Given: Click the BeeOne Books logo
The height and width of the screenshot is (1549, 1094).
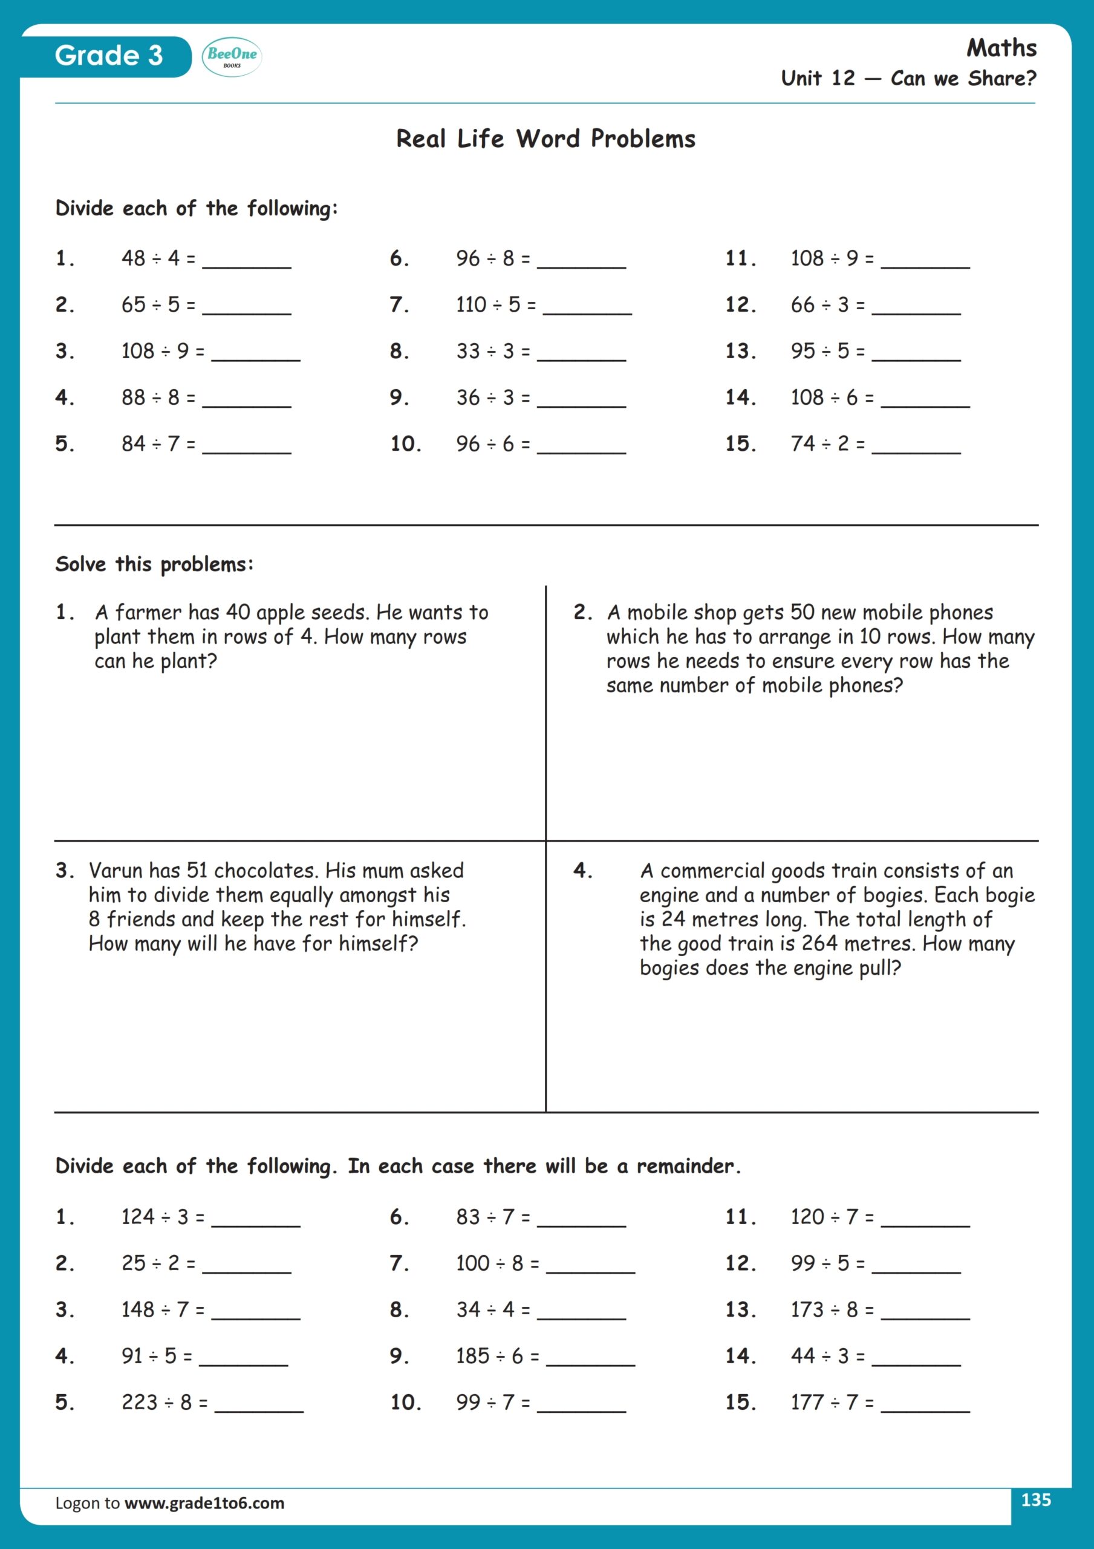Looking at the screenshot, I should coord(232,57).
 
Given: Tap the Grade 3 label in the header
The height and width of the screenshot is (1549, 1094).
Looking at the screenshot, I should coord(109,56).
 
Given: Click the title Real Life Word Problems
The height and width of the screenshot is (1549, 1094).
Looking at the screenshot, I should coord(545,139).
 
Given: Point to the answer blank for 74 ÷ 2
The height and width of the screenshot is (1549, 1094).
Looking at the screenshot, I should coord(916,447).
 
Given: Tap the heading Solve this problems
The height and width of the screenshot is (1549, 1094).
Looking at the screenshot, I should coord(154,564).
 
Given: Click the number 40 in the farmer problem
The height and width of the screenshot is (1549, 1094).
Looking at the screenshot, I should coord(238,612).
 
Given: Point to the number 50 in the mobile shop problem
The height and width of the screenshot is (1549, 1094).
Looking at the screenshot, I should coord(802,612).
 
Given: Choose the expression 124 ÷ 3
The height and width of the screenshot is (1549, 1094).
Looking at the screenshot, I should coord(154,1216).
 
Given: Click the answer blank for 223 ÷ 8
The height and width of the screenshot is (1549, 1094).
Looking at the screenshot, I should coord(259,1406).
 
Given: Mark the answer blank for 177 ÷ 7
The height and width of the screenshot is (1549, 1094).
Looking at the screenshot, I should coord(925,1406).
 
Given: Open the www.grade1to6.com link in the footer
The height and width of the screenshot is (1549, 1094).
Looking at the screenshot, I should coord(204,1503).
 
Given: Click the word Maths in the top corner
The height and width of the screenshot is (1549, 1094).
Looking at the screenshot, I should coord(1001,48).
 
